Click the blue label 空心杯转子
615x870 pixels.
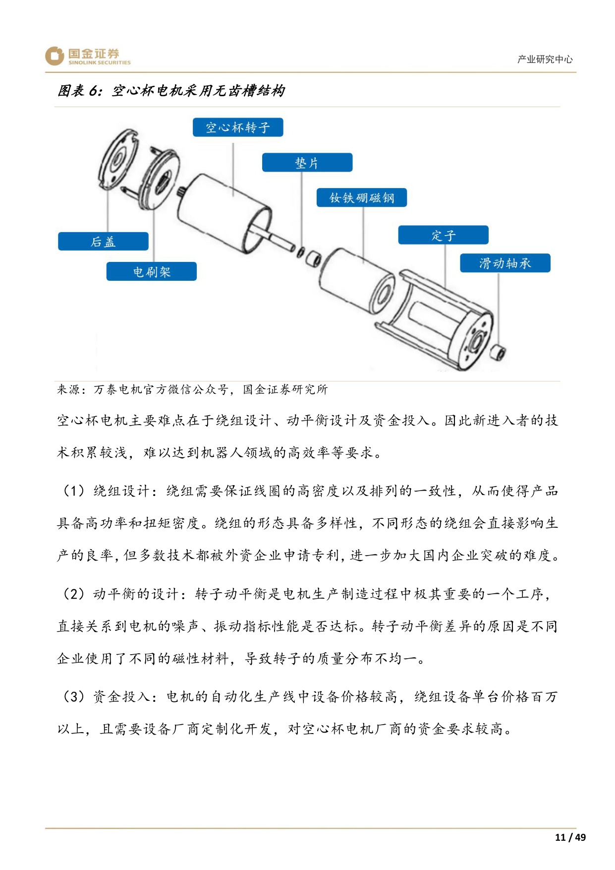238,127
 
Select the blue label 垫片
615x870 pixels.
307,163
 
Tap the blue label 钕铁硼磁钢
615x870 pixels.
362,198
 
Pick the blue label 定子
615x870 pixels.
443,235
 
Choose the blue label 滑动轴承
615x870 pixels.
504,263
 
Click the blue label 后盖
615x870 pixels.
103,242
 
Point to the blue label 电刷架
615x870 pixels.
151,272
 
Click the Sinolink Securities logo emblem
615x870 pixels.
55,56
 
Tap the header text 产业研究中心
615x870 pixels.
544,60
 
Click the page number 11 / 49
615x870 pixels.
570,837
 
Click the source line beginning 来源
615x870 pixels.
192,389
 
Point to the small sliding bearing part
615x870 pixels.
497,353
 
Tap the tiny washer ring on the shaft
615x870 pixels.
300,252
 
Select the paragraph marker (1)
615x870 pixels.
74,491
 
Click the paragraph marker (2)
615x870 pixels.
74,594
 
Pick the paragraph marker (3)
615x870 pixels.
74,696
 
